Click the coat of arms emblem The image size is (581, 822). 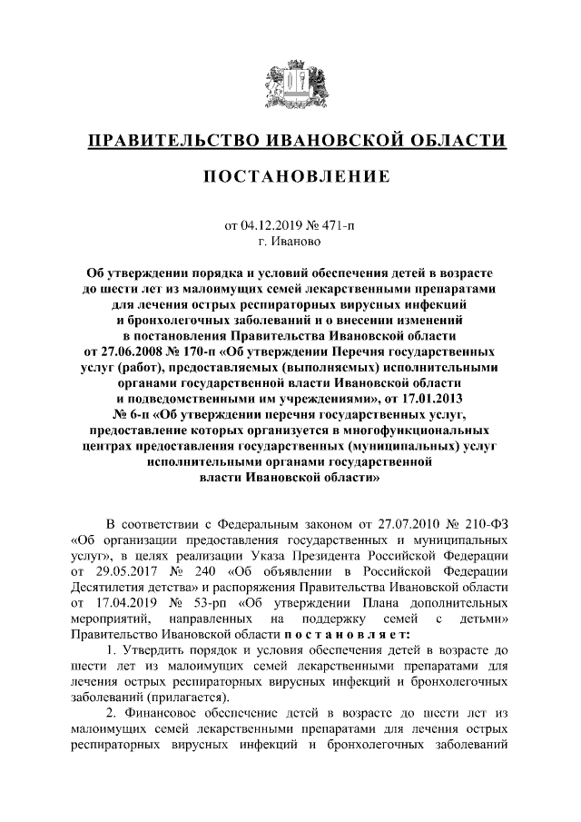pos(290,85)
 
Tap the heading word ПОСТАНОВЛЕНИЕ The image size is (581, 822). pos(290,175)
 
